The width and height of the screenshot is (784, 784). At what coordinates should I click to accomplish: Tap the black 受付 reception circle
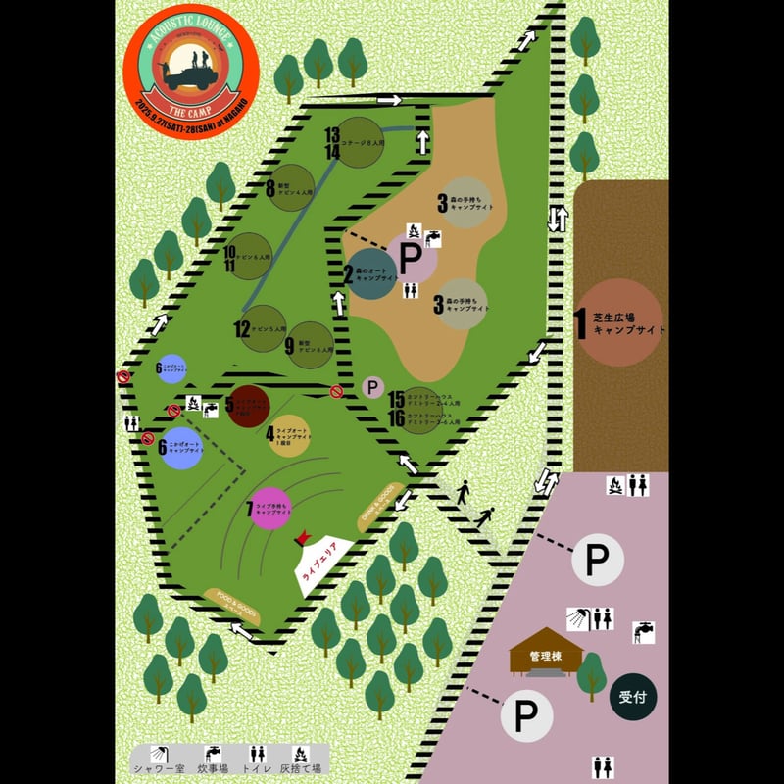(632, 698)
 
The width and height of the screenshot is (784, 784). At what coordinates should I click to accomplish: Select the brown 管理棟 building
(545, 656)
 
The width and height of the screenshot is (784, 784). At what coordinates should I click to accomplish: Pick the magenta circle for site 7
(271, 507)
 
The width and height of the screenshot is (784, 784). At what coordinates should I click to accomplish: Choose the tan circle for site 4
(288, 436)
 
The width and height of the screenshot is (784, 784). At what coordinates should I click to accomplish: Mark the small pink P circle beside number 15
(371, 388)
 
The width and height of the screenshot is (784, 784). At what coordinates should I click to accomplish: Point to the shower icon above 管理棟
(577, 618)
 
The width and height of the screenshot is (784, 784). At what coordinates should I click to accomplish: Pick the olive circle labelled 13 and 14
(361, 143)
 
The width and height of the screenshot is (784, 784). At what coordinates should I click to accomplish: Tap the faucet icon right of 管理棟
(643, 632)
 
